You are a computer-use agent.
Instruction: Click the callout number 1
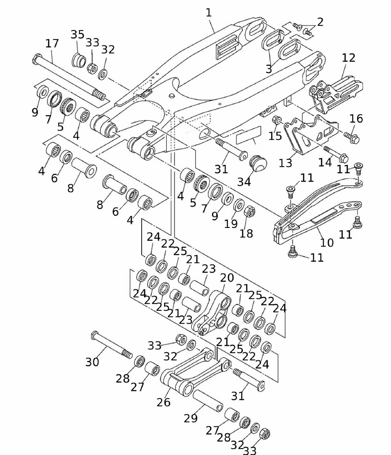point(209,13)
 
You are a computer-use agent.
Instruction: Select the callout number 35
point(77,35)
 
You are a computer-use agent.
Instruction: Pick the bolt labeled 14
point(336,154)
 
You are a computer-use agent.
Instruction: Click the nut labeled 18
point(250,212)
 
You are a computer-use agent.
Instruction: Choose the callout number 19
point(231,223)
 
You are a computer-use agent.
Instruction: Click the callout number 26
point(164,402)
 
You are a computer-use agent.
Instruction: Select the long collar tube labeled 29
point(207,399)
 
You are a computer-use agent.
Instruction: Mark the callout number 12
point(349,58)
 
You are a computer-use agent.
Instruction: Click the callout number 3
point(269,69)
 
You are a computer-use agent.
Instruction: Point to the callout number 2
point(320,22)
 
